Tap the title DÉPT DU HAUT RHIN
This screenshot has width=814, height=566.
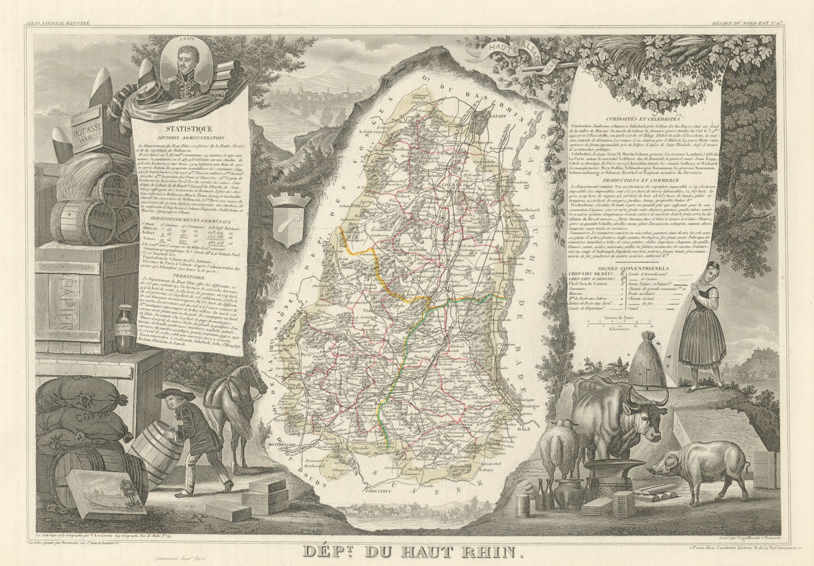click(406, 552)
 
